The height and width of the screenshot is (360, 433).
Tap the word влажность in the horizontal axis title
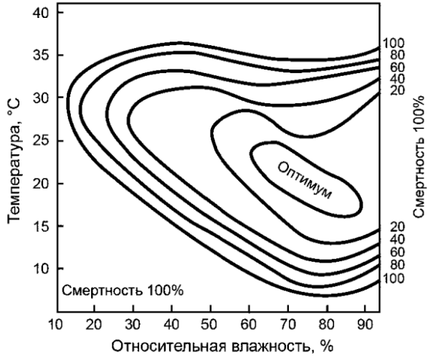260,347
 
